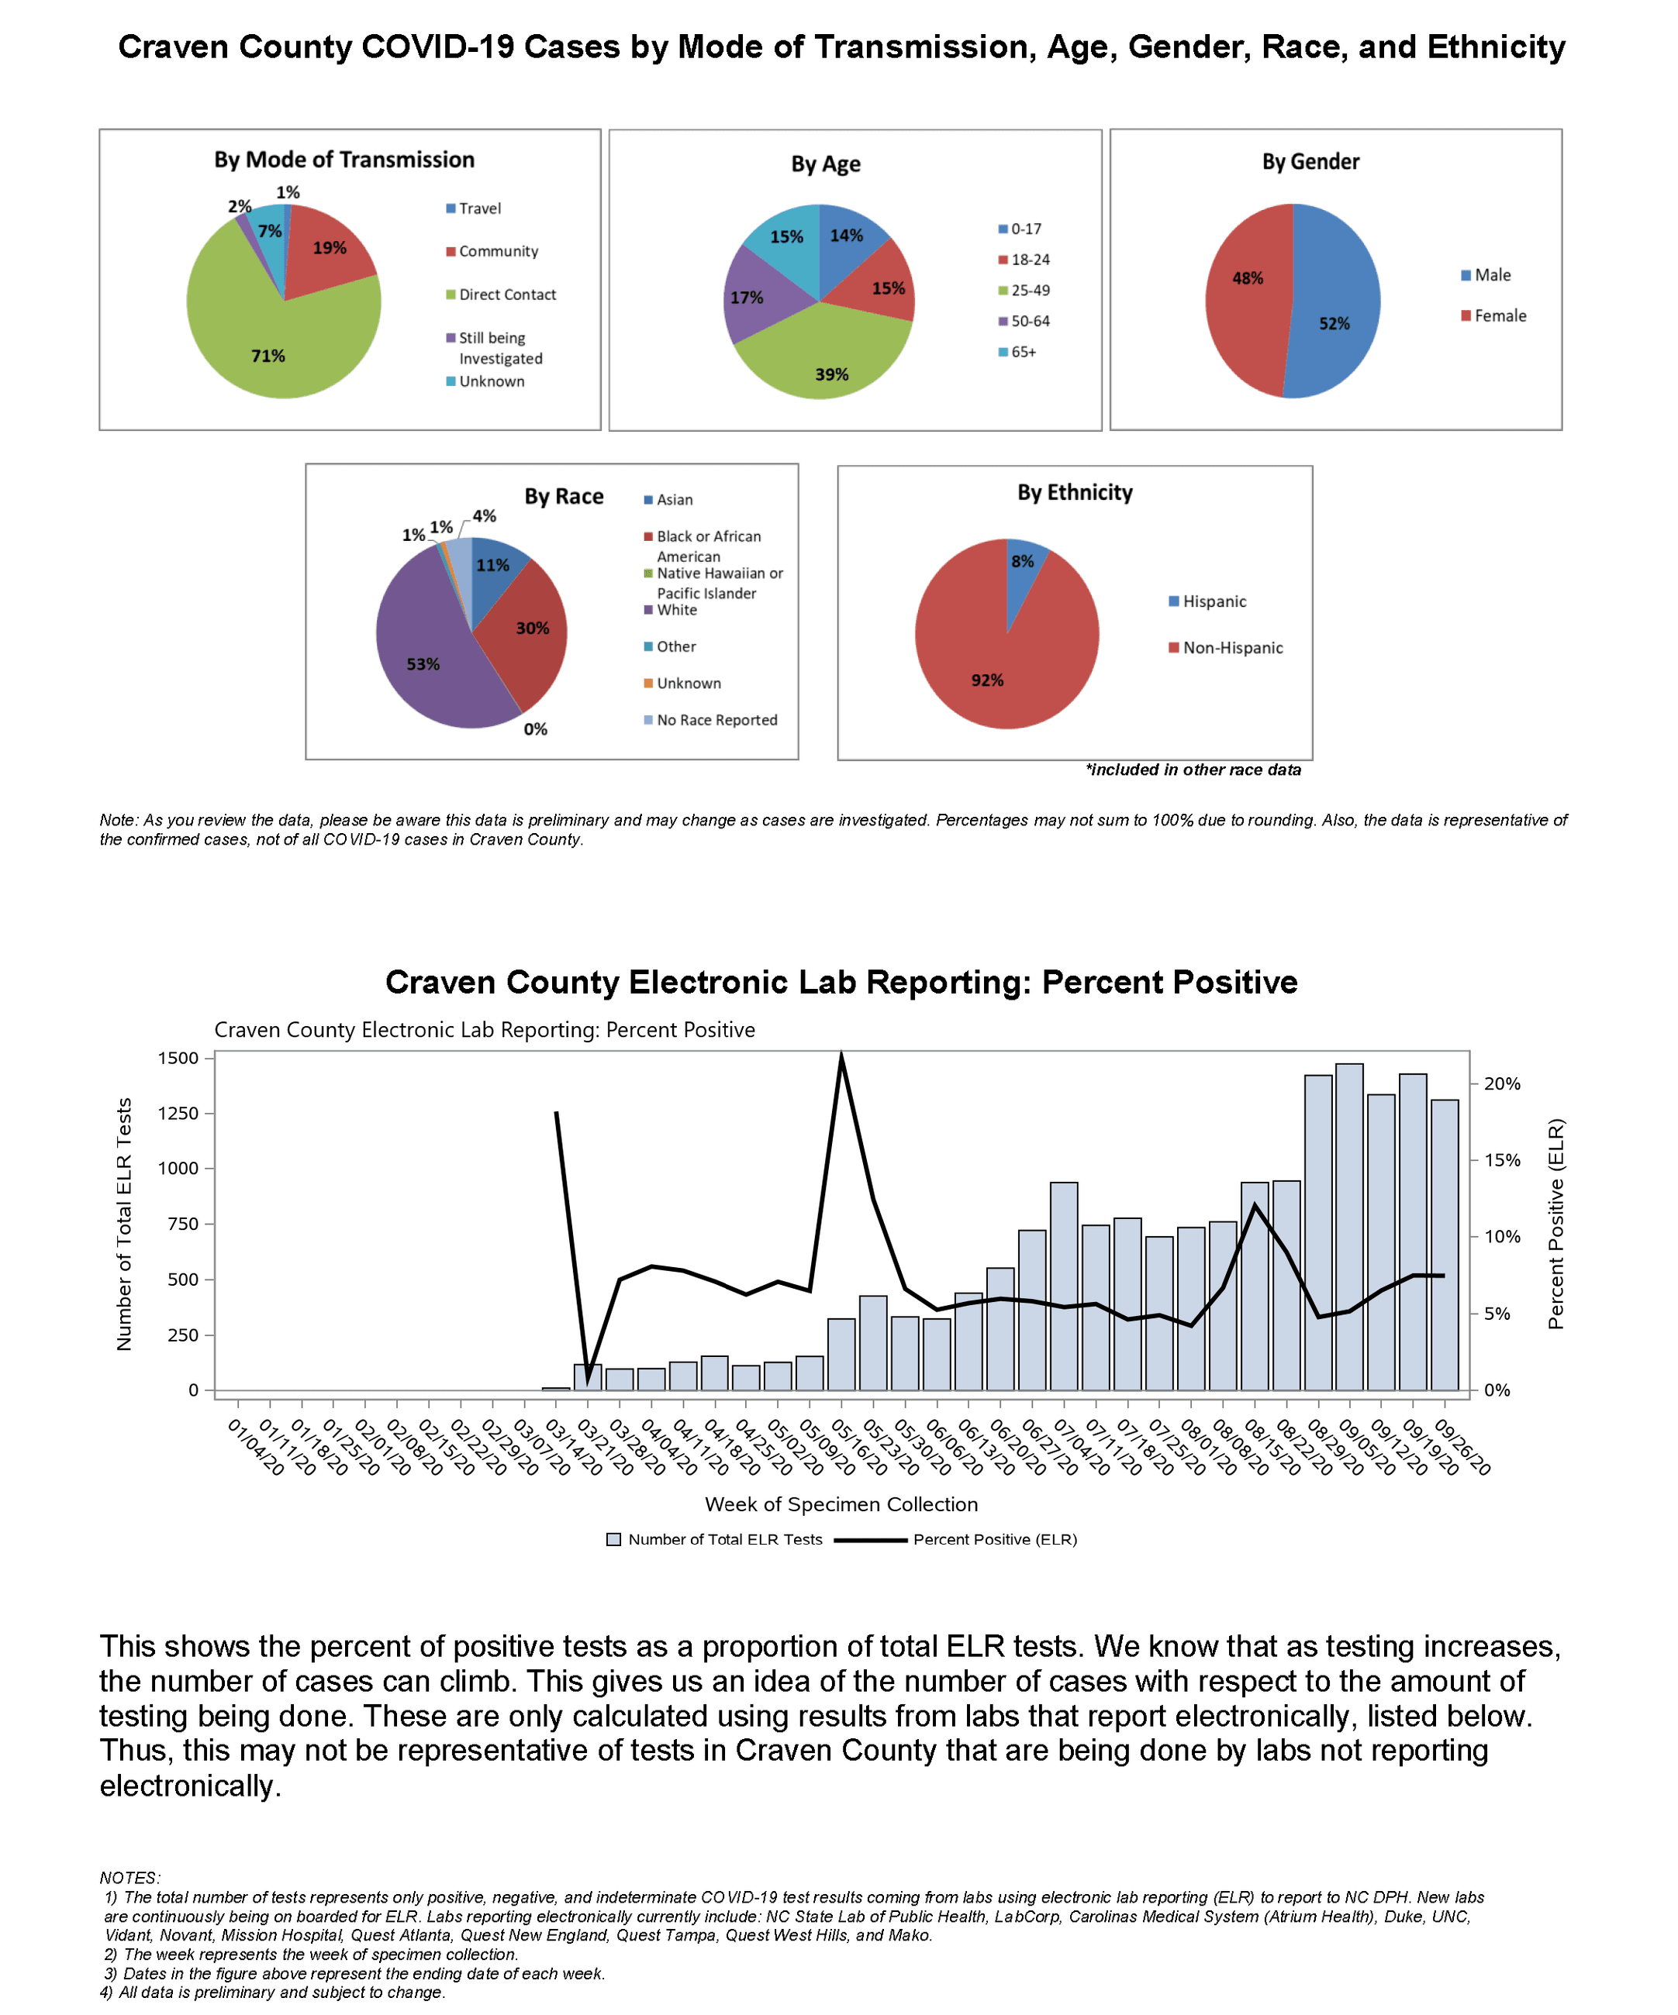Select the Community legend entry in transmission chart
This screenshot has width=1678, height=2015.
point(497,251)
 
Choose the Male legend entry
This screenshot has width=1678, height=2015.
point(1492,275)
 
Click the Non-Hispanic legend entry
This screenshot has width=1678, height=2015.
point(1231,648)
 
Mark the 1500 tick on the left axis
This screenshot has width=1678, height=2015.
point(178,1059)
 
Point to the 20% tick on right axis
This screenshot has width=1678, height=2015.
point(1501,1083)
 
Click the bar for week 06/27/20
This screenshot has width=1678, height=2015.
point(1032,1310)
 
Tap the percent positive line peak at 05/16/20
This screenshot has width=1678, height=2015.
point(841,1056)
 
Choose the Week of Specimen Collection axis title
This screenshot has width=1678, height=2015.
point(841,1504)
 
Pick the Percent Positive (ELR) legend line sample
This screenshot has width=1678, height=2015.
point(870,1540)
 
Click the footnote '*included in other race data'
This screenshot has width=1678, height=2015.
point(1193,770)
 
